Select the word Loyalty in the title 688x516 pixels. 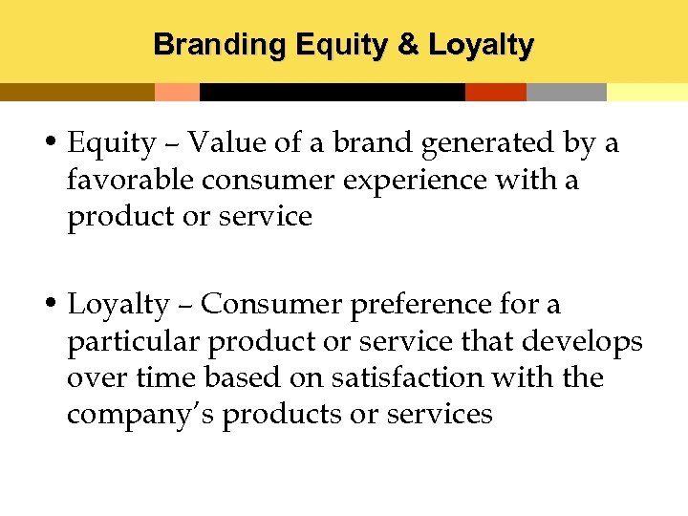[x=481, y=45]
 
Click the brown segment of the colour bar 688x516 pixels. [x=76, y=93]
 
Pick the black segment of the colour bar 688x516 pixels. [x=332, y=93]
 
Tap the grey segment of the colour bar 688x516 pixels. [x=566, y=93]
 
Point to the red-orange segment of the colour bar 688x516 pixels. [x=495, y=93]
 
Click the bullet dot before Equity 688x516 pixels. [x=54, y=143]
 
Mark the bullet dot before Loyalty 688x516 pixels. [x=54, y=305]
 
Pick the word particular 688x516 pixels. [x=134, y=341]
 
